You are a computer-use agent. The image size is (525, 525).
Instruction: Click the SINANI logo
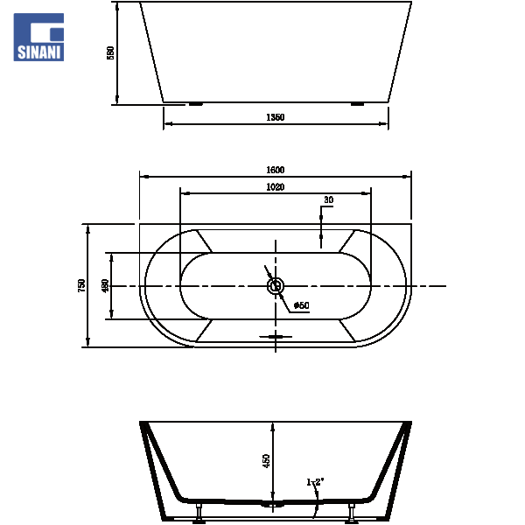(x=38, y=37)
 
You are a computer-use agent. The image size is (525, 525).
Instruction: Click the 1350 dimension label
(x=276, y=117)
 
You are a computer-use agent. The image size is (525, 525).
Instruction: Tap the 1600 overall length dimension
(x=276, y=170)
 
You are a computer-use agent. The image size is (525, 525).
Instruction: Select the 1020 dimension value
(x=276, y=187)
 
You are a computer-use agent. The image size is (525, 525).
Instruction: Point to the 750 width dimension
(x=81, y=285)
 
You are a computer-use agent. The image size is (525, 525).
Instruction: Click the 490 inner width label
(x=105, y=285)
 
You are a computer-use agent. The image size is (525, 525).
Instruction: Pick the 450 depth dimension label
(x=265, y=461)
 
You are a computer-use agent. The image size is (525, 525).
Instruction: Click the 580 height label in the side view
(x=110, y=52)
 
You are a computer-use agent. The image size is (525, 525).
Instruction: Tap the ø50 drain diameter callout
(x=301, y=305)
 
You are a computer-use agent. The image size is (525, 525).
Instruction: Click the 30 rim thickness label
(x=328, y=199)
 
